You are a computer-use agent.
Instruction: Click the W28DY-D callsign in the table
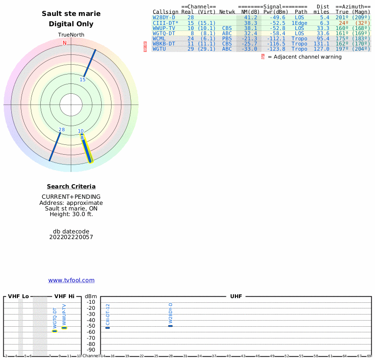coord(164,17)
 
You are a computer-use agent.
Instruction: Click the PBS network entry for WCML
coord(227,38)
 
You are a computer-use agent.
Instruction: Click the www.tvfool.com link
coord(71,280)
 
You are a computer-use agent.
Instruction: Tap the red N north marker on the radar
coord(65,43)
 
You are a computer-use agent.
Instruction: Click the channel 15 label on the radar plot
coord(82,80)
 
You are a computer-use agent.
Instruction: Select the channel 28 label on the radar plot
coord(61,129)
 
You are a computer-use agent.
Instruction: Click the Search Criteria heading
coord(71,187)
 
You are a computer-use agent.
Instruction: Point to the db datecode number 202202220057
coord(71,237)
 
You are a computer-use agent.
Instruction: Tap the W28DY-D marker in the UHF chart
coord(171,326)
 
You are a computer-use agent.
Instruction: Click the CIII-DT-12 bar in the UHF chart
coord(107,328)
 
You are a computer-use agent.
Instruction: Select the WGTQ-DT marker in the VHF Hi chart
coord(54,331)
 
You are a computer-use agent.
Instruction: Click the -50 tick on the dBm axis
coord(91,326)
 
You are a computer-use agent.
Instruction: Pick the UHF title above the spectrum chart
coord(236,296)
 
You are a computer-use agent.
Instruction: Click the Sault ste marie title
coord(71,14)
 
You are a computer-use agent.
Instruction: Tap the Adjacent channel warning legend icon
coord(263,57)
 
